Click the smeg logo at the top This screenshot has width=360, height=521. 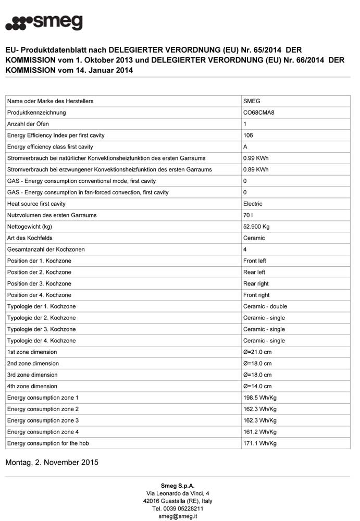click(x=44, y=22)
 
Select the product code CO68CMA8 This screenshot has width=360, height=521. click(x=259, y=113)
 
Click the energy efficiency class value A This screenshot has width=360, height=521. click(x=245, y=147)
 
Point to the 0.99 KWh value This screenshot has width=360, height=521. click(x=256, y=158)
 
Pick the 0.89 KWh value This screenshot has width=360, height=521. click(x=256, y=170)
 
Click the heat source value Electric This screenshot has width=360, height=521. click(x=253, y=204)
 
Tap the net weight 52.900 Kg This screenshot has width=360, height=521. click(x=256, y=227)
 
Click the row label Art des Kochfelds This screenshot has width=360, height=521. click(x=30, y=238)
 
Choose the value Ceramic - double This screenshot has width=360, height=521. click(x=265, y=306)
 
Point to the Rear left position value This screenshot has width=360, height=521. click(x=254, y=272)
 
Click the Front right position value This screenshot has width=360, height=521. click(x=256, y=295)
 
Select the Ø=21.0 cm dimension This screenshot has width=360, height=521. click(x=257, y=352)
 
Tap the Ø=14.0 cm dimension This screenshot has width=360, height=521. click(x=257, y=387)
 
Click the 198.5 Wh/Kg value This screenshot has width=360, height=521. click(x=260, y=398)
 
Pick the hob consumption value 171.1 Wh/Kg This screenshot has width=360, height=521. click(x=260, y=443)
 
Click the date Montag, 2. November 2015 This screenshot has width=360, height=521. click(x=52, y=463)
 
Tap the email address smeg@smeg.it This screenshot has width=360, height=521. click(x=178, y=516)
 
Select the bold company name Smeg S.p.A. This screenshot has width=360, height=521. click(x=178, y=486)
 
